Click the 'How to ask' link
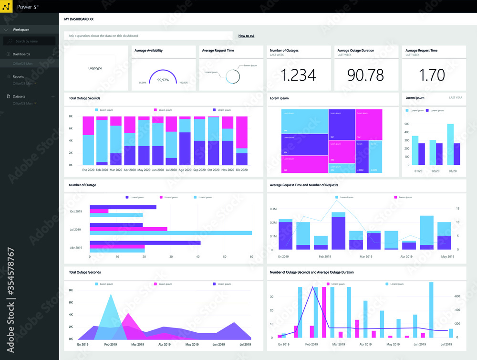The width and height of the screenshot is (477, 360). (246, 36)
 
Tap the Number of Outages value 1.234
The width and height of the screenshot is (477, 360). (298, 75)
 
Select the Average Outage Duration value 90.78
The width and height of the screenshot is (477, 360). (365, 75)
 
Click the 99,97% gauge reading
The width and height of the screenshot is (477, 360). (163, 80)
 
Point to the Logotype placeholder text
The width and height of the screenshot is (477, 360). (95, 68)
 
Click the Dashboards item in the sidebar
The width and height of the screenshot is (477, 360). (21, 54)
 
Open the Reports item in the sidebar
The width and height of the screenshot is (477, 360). (18, 76)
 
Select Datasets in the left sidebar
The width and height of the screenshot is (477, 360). (19, 96)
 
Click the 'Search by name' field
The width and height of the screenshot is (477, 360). (29, 42)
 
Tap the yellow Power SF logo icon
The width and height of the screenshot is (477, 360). (7, 7)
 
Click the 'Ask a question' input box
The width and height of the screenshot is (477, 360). (148, 36)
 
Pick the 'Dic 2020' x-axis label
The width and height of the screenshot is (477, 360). (242, 170)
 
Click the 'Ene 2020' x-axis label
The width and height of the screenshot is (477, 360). (88, 170)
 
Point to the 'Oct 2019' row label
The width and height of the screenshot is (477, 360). (76, 212)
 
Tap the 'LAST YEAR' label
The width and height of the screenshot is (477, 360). (456, 98)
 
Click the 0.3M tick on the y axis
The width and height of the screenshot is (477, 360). (274, 209)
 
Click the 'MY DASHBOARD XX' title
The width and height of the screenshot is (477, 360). (79, 19)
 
